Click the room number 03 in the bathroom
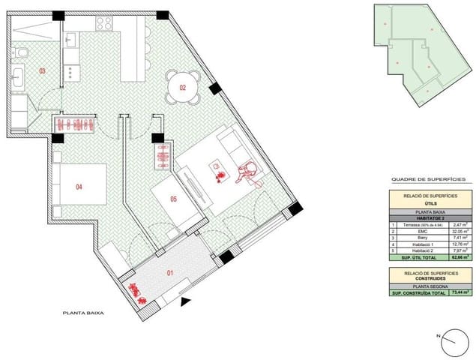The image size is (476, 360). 42,71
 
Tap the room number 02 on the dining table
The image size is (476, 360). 182,87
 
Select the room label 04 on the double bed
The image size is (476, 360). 79,187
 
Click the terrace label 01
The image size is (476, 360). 169,272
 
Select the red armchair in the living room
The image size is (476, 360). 247,172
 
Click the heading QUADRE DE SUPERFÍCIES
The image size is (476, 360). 428,180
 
